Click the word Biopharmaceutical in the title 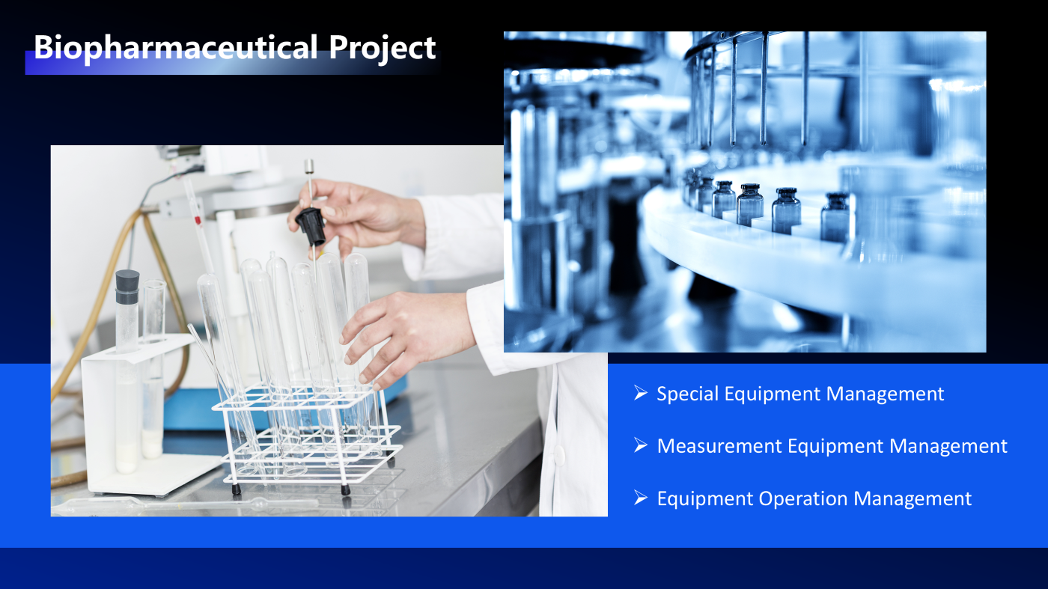176,48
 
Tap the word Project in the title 383,48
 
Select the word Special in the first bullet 687,394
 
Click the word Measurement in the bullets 719,446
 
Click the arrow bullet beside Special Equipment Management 641,393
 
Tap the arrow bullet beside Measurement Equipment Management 641,445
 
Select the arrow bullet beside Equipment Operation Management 641,498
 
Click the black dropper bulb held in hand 311,227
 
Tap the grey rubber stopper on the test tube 127,287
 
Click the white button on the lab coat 558,455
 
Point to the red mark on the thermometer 198,220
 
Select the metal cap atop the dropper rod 308,166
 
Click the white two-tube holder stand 141,416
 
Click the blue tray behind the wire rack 281,407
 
